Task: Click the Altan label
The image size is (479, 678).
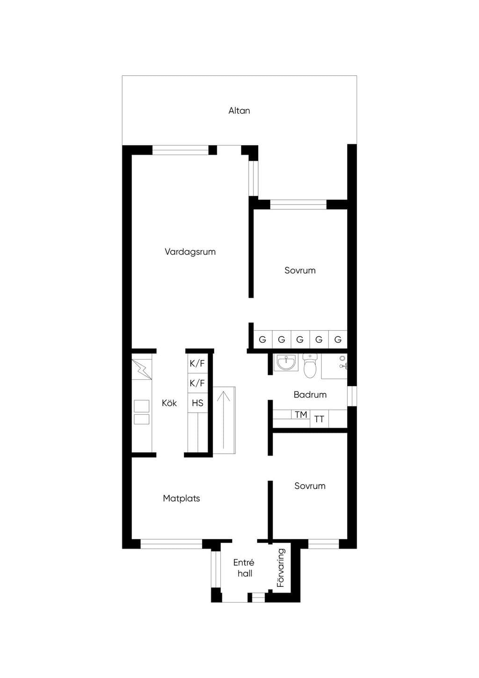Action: (x=239, y=111)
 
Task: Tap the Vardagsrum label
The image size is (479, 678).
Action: (x=190, y=252)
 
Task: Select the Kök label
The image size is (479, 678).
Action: (x=169, y=403)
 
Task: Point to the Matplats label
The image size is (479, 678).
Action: (x=181, y=499)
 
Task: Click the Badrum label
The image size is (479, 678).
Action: (x=310, y=395)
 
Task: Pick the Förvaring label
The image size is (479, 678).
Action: (x=281, y=568)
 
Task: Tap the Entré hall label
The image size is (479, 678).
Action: (x=244, y=568)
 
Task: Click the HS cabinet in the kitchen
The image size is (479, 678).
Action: (x=197, y=403)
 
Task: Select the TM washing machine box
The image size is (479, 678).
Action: (x=301, y=414)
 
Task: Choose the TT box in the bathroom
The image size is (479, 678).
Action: (x=319, y=419)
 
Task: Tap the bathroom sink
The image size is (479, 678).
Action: (x=286, y=362)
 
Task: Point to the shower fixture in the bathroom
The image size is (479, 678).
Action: (x=342, y=362)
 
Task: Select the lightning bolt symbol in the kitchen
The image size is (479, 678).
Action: (x=142, y=369)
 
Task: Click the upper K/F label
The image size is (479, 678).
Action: (x=197, y=363)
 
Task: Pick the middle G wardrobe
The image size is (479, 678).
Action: (x=300, y=339)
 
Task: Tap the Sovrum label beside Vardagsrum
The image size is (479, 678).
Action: (x=300, y=270)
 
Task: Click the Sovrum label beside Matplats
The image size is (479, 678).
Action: (x=310, y=486)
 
